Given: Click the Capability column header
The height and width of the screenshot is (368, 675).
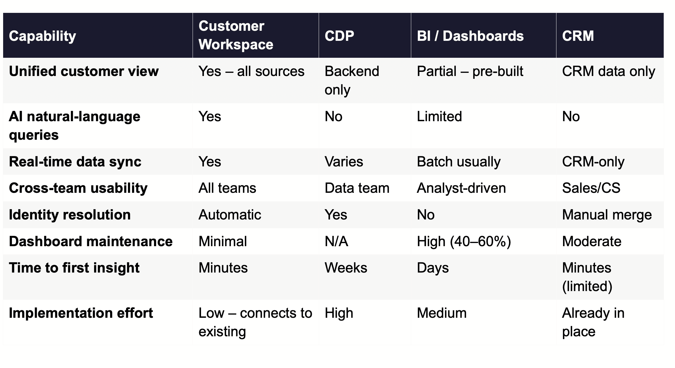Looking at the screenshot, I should [x=42, y=36].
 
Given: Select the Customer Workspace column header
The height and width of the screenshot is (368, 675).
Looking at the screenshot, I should [x=236, y=35].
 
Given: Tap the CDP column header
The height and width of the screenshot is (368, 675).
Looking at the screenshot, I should [x=339, y=36].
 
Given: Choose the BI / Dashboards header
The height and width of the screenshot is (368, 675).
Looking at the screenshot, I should [x=470, y=36].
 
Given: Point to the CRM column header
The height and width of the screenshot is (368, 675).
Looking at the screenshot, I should [x=578, y=36].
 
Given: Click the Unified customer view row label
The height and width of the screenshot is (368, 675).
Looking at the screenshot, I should [x=84, y=71].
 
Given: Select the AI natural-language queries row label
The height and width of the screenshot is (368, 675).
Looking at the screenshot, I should [x=74, y=126].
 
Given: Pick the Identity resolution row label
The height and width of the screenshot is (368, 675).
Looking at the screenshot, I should [x=70, y=215].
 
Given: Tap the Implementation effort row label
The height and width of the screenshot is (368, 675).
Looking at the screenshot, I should [x=81, y=313].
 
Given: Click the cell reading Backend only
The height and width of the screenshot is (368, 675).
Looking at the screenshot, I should [x=352, y=80].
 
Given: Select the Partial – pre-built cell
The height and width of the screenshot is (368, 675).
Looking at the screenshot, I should [x=470, y=71].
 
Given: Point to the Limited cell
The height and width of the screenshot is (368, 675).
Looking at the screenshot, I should [x=439, y=116].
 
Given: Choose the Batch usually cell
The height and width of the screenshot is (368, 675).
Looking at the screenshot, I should [x=459, y=162].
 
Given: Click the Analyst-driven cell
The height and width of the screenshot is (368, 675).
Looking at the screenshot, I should [x=461, y=188].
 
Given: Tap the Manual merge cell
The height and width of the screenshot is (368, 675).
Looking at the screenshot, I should [x=607, y=215].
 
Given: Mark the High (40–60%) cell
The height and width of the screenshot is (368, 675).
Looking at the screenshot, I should [x=464, y=241].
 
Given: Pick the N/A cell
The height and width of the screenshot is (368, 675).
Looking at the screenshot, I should [x=336, y=241].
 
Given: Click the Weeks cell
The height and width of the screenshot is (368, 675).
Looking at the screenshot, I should [x=346, y=268].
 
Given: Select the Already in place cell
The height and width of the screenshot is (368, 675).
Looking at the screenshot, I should [x=593, y=322].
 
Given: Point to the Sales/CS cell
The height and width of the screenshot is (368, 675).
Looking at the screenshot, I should [x=591, y=188].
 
